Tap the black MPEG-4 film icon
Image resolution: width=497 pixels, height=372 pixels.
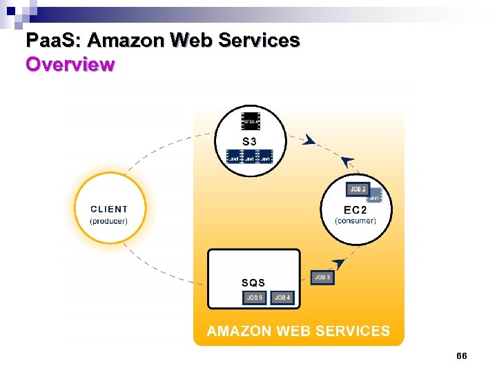[x=251, y=121]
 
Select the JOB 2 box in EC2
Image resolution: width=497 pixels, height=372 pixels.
[x=358, y=189]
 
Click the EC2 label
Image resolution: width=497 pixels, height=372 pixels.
[x=355, y=209]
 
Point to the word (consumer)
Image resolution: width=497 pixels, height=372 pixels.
[x=355, y=221]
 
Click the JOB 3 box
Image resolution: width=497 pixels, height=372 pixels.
[x=322, y=277]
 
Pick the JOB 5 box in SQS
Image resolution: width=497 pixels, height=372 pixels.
[x=255, y=298]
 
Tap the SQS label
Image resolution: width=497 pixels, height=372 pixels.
[x=253, y=282]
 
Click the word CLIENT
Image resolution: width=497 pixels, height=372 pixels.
[x=109, y=209]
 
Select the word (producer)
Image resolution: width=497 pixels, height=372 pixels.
[x=109, y=221]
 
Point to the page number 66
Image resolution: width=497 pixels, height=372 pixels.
[x=462, y=355]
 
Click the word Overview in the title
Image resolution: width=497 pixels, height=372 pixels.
[x=70, y=65]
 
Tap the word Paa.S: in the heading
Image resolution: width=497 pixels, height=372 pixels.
[x=53, y=41]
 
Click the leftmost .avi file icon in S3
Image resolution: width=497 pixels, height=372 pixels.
[x=235, y=158]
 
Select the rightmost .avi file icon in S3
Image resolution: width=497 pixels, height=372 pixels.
[x=266, y=158]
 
